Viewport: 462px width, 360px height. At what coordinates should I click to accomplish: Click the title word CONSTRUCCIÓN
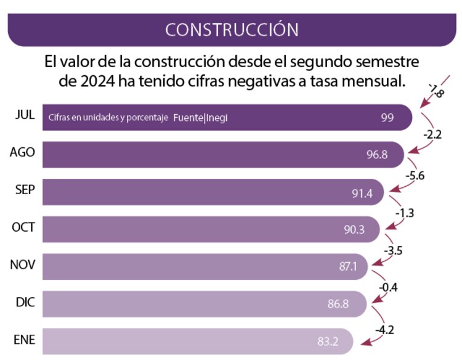click(232, 29)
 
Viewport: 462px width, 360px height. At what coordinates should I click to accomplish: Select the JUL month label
click(25, 115)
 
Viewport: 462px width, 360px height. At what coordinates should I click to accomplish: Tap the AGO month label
click(22, 153)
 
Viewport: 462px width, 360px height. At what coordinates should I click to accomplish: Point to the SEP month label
click(25, 190)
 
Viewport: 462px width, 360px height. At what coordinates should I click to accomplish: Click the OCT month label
click(23, 227)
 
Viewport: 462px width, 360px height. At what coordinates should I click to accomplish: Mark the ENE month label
click(23, 340)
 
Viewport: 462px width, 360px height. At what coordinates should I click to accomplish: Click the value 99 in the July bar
click(387, 117)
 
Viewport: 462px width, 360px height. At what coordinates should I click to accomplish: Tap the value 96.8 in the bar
click(377, 155)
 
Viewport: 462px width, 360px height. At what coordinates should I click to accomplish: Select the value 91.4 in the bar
click(362, 192)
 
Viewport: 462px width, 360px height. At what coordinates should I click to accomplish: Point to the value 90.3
click(354, 230)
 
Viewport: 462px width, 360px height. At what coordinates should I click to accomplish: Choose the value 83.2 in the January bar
click(325, 342)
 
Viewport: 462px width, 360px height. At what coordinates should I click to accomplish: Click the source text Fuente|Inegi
click(201, 117)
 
